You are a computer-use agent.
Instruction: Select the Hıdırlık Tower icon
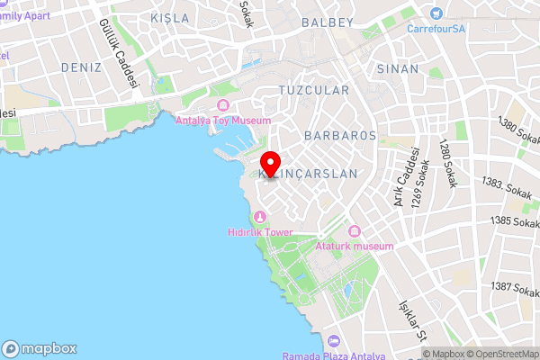point(261,217)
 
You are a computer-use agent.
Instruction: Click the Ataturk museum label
point(355,246)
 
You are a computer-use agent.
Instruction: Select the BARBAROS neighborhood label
point(339,135)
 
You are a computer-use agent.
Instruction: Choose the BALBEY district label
point(327,21)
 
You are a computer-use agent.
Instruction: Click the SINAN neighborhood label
point(398,68)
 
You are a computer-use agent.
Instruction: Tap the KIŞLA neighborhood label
point(170,18)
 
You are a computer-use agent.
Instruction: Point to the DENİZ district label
point(81,67)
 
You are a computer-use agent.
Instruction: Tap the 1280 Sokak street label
point(446,163)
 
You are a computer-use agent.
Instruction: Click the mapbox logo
point(40,348)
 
